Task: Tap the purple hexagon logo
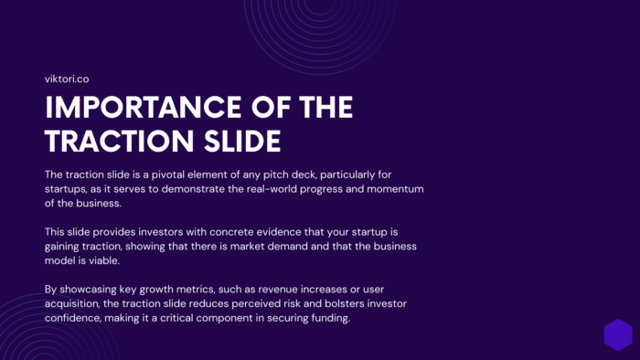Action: click(x=618, y=334)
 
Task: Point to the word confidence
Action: click(x=80, y=319)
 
